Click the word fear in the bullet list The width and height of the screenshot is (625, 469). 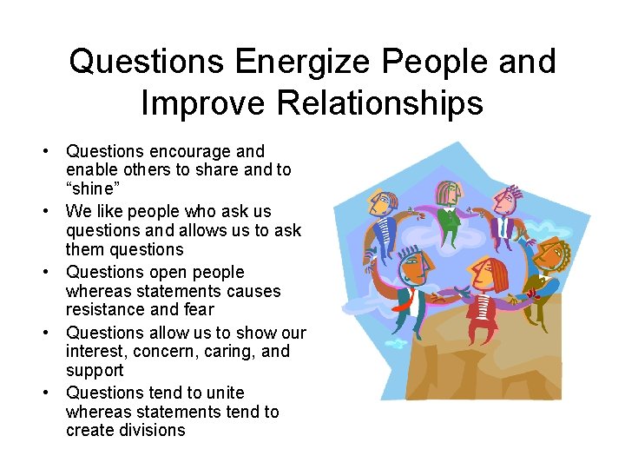click(199, 310)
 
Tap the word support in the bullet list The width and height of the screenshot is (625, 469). click(95, 371)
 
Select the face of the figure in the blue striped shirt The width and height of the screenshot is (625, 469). click(503, 199)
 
